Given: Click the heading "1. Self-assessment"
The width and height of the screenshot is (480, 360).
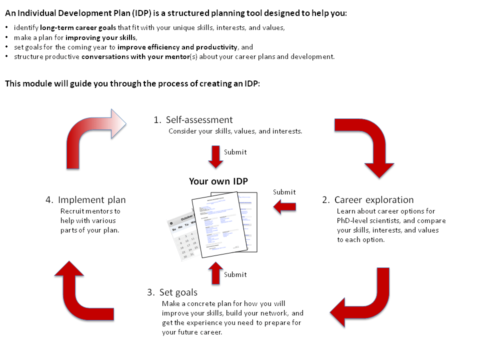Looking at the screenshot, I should click(x=193, y=120).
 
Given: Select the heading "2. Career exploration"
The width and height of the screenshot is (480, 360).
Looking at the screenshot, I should click(x=367, y=200).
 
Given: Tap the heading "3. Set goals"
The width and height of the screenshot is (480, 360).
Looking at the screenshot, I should click(x=172, y=292).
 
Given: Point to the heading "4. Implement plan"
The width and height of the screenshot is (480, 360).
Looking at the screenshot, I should click(x=85, y=200).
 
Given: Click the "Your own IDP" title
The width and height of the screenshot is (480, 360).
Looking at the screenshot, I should click(x=218, y=181).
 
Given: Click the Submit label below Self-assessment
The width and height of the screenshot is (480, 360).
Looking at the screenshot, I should click(x=235, y=152).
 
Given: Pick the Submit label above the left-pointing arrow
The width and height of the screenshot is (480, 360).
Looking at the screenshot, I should click(x=284, y=192).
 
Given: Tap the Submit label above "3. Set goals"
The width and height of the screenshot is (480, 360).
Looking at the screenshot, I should click(x=235, y=274).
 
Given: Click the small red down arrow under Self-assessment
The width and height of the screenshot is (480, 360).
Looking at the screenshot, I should click(x=215, y=156).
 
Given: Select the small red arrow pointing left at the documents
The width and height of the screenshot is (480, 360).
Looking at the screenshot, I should click(x=285, y=206).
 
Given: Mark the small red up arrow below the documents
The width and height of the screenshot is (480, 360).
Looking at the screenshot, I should click(x=215, y=273).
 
